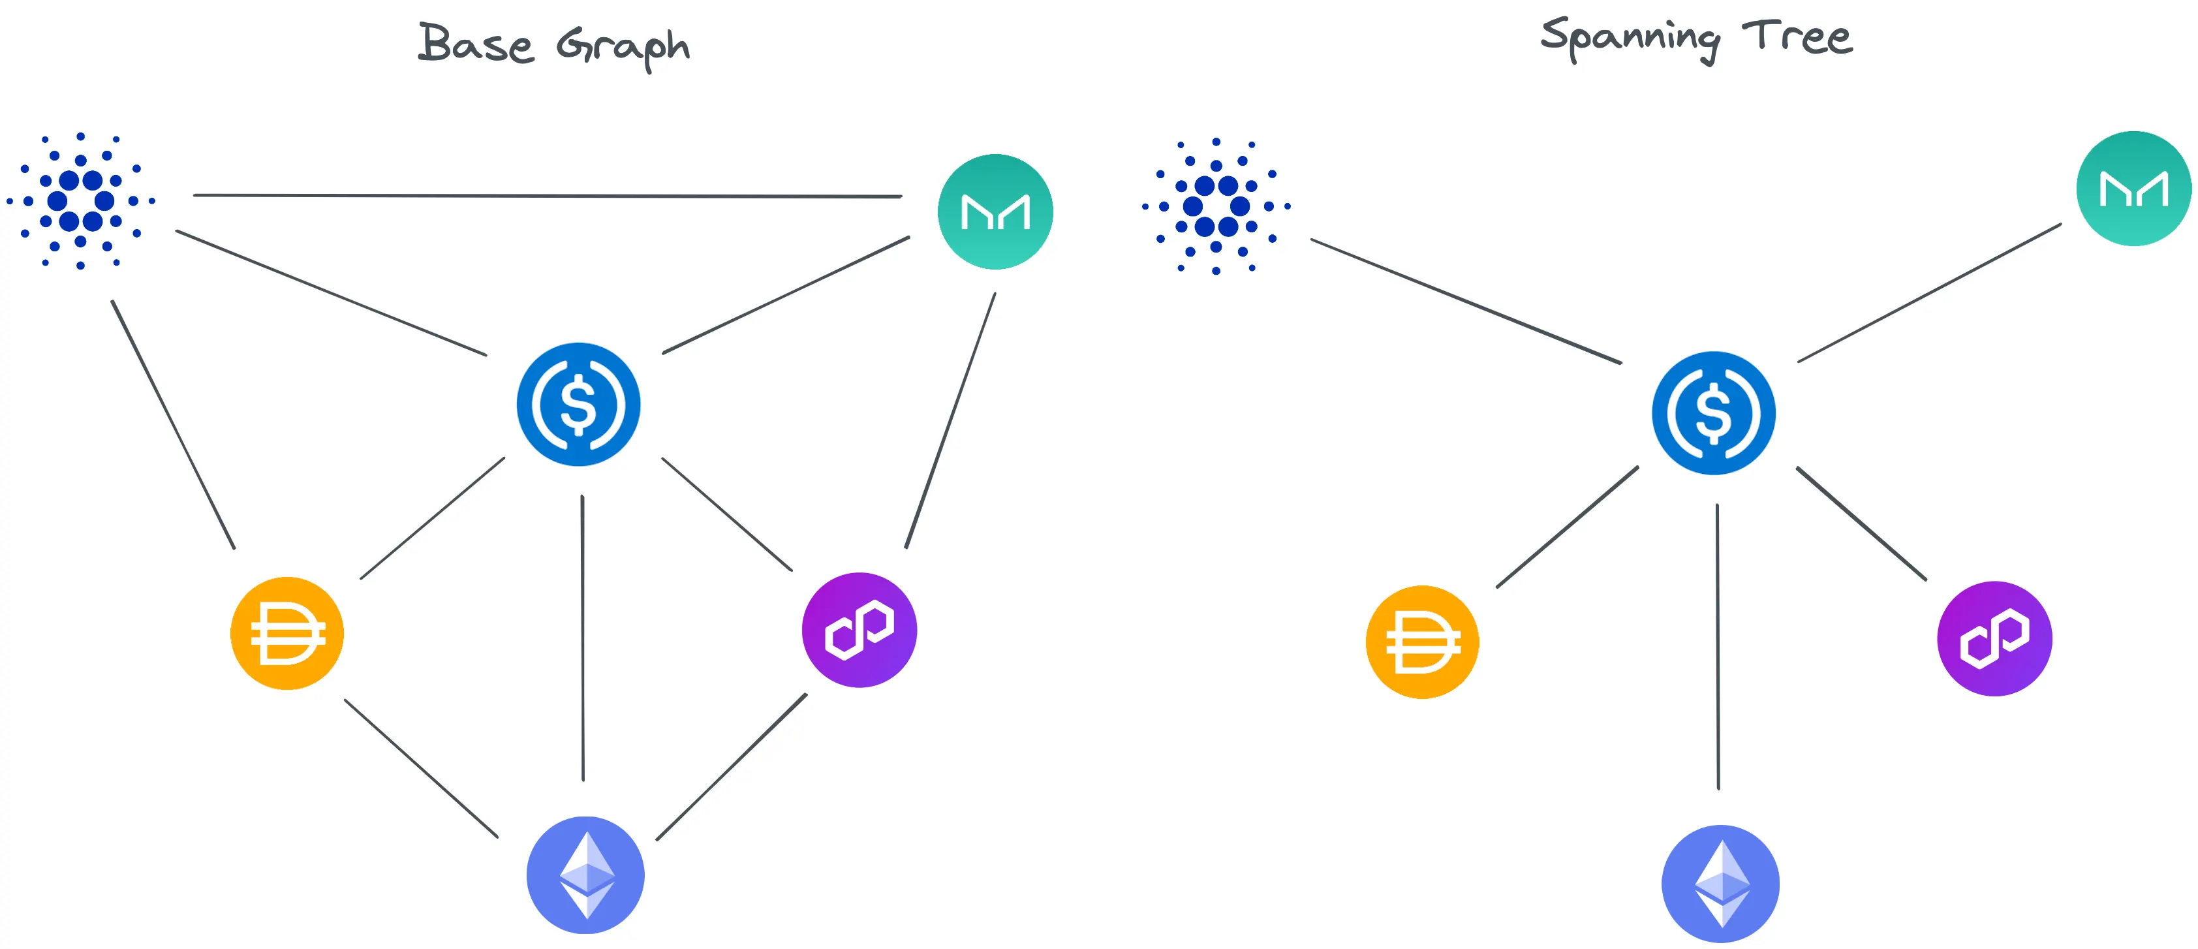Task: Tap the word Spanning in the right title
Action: tap(1631, 39)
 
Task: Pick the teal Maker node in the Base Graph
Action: tap(995, 211)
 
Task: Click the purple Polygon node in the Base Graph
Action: tap(859, 630)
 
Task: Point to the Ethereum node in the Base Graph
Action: tap(585, 875)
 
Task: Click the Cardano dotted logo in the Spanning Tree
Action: tap(1216, 206)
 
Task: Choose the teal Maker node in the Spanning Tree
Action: tap(2133, 189)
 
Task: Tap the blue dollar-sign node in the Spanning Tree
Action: tap(1713, 413)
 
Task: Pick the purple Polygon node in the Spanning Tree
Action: tap(1994, 638)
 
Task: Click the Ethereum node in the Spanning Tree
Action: tap(1720, 883)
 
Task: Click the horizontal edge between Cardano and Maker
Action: tap(546, 195)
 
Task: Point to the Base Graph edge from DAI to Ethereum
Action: tap(421, 768)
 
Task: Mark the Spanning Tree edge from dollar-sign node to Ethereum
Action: tap(1718, 646)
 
